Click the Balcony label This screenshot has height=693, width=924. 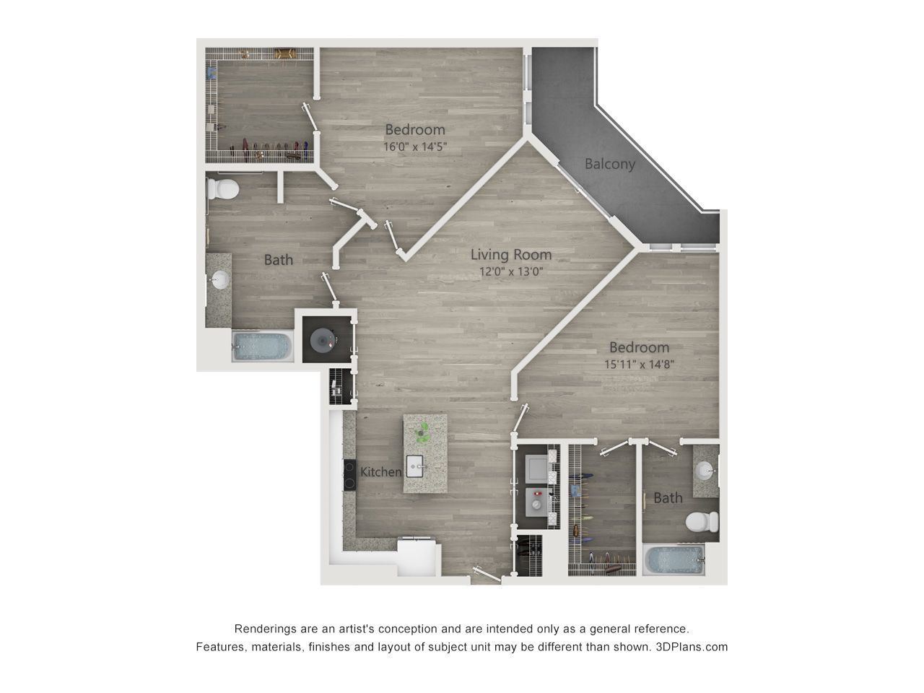click(x=610, y=164)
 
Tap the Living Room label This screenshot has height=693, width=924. click(x=511, y=255)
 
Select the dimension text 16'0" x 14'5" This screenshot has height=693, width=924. click(x=415, y=147)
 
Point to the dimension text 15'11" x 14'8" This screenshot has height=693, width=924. click(x=639, y=364)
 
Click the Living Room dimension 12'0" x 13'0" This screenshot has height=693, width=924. click(x=511, y=272)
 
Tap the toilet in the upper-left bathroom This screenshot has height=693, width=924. click(x=223, y=189)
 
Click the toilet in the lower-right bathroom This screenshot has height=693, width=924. click(x=702, y=522)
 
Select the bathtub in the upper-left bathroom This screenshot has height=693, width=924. click(x=262, y=346)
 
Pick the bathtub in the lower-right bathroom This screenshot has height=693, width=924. click(x=674, y=560)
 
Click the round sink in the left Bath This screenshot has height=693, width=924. click(x=220, y=279)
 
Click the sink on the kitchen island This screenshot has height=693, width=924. click(x=414, y=466)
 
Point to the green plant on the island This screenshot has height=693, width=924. click(x=422, y=432)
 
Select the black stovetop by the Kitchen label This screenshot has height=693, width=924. click(x=349, y=474)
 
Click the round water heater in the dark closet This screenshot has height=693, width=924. click(x=323, y=340)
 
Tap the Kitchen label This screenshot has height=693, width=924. click(x=380, y=471)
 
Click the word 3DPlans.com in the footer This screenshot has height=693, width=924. click(x=692, y=647)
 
